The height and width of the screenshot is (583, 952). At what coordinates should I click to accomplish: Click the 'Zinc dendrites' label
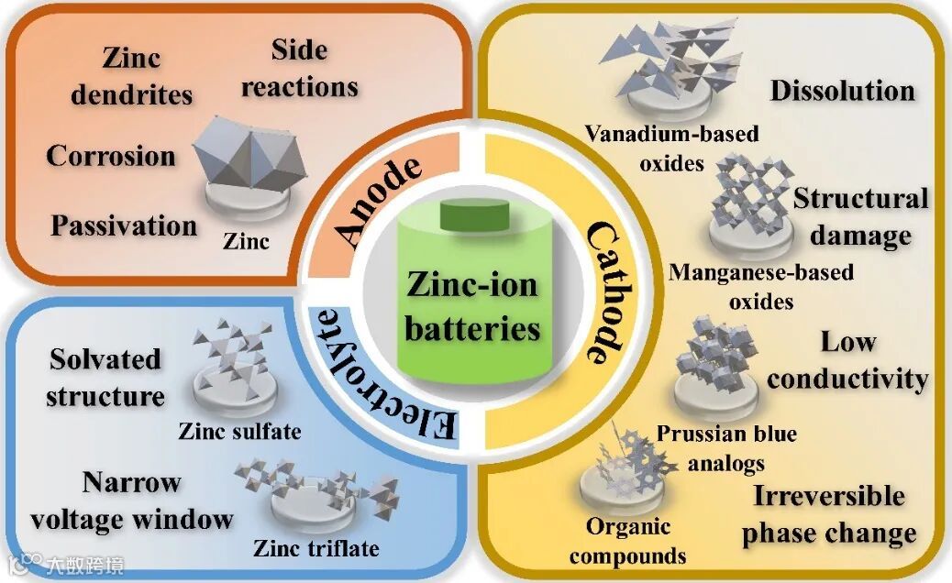click(x=133, y=77)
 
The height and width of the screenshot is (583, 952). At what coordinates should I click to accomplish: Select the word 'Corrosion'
click(x=111, y=155)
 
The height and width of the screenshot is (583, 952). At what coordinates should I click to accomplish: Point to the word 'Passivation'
click(x=124, y=225)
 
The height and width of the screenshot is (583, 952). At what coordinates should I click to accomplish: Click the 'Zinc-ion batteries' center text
click(x=472, y=306)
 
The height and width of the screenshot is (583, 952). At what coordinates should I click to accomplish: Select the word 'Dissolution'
click(x=842, y=91)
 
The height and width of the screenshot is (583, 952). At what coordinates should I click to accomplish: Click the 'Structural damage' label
click(x=860, y=216)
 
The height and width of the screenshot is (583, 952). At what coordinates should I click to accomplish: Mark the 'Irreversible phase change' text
click(x=829, y=514)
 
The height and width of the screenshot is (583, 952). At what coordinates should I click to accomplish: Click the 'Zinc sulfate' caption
click(x=239, y=430)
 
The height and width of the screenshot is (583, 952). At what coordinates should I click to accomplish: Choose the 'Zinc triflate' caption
click(x=316, y=548)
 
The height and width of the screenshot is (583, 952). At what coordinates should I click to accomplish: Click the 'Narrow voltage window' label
click(x=131, y=500)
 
